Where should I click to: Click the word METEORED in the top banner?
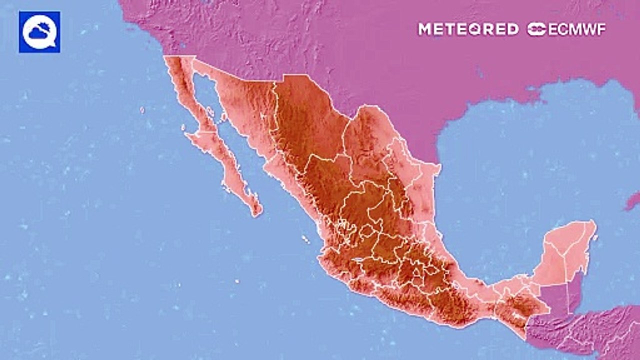point(468,29)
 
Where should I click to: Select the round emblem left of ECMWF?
point(536,29)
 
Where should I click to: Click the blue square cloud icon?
point(39,32)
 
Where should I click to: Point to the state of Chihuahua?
point(305,120)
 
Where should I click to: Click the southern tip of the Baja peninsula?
point(256,212)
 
